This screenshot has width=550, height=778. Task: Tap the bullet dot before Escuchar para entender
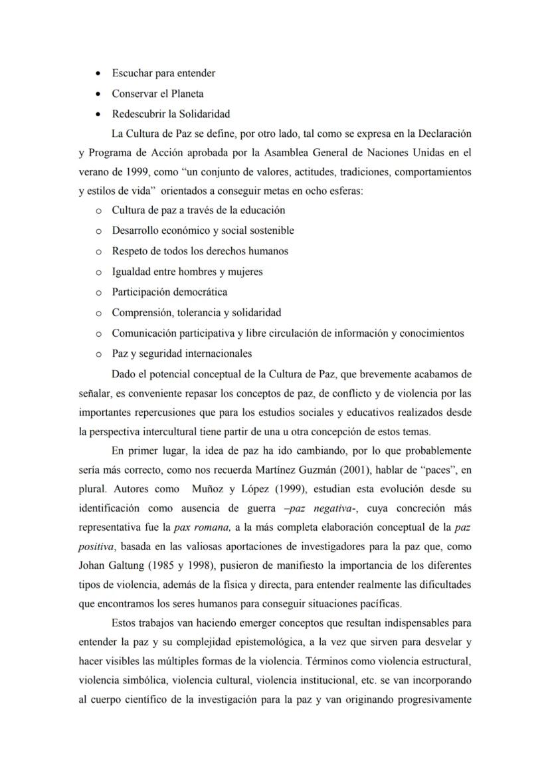[x=98, y=73]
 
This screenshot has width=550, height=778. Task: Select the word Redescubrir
[x=138, y=114]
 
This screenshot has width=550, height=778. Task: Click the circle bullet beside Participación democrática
[x=98, y=292]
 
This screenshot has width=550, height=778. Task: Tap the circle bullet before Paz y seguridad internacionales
[x=98, y=354]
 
